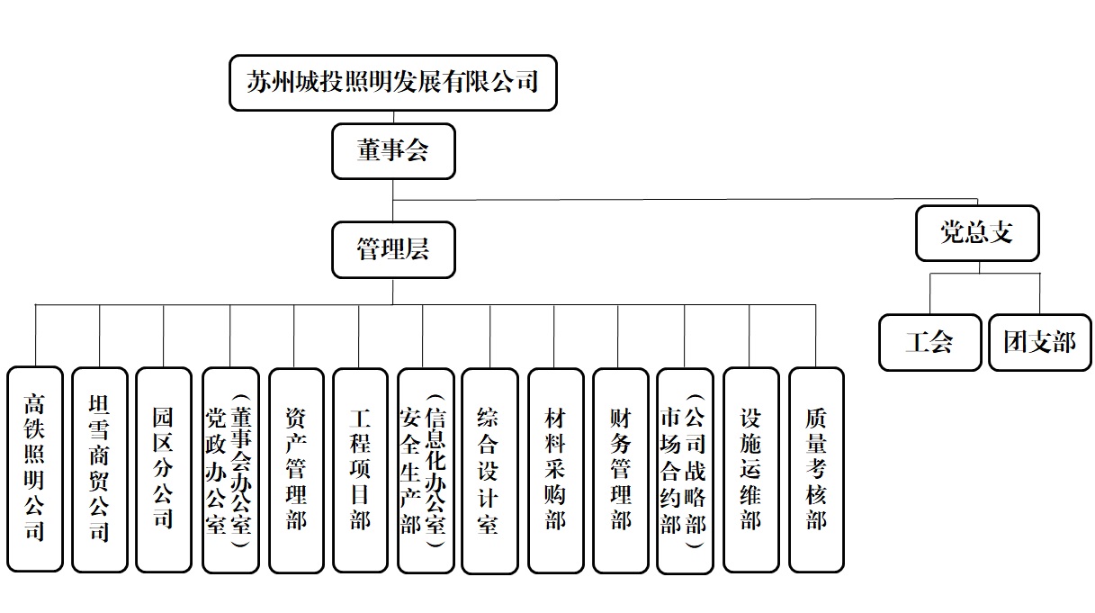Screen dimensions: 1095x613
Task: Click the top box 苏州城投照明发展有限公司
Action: pos(393,83)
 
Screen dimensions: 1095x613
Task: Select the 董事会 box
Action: pos(393,151)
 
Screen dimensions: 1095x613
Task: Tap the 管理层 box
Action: pos(393,250)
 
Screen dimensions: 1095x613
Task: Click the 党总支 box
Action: pos(977,233)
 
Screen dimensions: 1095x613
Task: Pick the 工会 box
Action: pos(929,342)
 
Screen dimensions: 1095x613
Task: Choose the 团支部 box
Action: pos(1040,342)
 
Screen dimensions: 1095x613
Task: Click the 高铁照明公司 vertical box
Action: pos(35,469)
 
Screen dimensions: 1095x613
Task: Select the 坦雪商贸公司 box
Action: pos(100,470)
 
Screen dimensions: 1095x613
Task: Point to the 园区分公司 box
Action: pos(164,470)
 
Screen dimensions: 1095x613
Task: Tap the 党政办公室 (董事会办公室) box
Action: pos(230,470)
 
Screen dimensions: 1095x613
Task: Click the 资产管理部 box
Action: pos(296,471)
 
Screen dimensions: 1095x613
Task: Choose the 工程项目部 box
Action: pos(360,471)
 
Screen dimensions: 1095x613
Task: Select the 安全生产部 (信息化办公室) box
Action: pos(426,471)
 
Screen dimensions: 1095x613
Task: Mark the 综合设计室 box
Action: pos(489,471)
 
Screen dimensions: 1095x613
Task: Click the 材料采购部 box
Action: pos(556,471)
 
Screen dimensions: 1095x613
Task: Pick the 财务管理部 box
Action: pos(621,471)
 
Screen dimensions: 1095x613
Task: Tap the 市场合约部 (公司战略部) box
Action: pos(685,471)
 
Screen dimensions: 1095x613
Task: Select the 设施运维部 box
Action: pos(751,470)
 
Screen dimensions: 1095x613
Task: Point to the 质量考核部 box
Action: pos(817,470)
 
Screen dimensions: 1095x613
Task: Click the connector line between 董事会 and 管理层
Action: pos(393,201)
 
